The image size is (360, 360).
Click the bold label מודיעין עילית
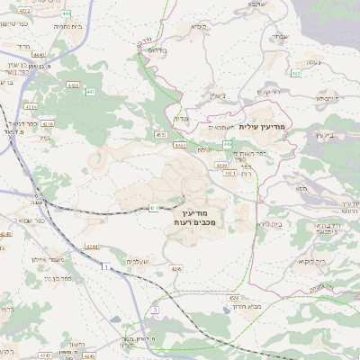pos(264,129)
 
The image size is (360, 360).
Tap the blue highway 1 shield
pos(104,267)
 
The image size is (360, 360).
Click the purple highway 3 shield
pos(154,310)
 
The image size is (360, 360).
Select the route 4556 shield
pos(234,296)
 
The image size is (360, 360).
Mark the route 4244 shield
pos(91,245)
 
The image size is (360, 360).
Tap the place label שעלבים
pos(136,261)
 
